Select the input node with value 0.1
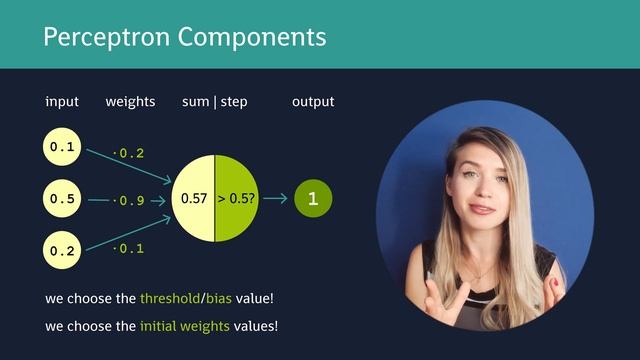pos(62,147)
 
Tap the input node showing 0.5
pos(62,199)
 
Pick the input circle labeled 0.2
pos(62,251)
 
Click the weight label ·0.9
pos(129,201)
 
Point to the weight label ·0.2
pos(129,153)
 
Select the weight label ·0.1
pos(129,248)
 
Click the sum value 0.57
pos(193,199)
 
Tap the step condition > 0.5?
pos(237,199)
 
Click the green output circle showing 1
pos(313,199)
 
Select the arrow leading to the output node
pos(275,199)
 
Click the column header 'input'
pos(62,102)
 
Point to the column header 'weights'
pos(129,102)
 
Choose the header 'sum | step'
pos(214,102)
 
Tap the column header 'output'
pos(313,102)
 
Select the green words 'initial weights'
pos(185,326)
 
